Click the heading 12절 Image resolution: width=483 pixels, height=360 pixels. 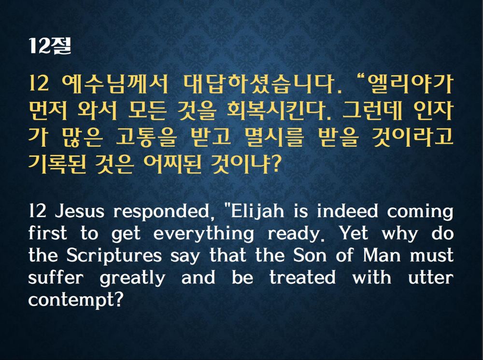pyautogui.click(x=50, y=46)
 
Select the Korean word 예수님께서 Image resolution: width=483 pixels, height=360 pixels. pyautogui.click(x=115, y=83)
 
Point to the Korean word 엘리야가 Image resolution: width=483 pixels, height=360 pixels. pyautogui.click(x=408, y=83)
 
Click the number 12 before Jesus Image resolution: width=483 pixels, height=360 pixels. pyautogui.click(x=37, y=212)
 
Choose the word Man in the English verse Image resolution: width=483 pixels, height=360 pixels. pyautogui.click(x=382, y=255)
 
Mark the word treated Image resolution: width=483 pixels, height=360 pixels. pyautogui.click(x=302, y=277)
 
